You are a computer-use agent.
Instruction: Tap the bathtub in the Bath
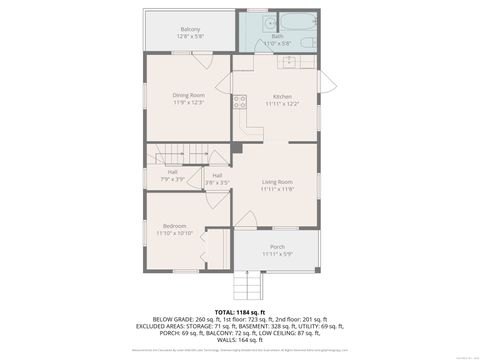point(300,22)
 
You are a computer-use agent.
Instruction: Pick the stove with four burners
point(240,100)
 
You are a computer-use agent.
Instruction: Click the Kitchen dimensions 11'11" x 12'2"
point(282,103)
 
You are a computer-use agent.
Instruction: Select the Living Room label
point(277,181)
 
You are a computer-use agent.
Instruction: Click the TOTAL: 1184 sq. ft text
point(239,312)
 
